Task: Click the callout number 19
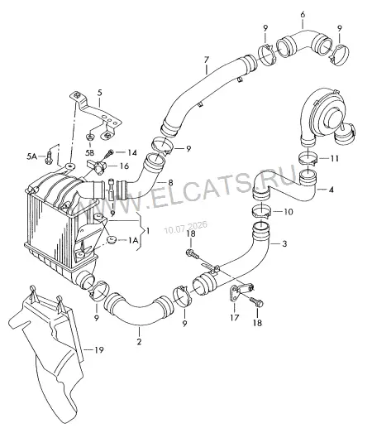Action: click(x=98, y=350)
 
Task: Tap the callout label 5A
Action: click(x=31, y=156)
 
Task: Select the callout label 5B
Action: click(x=89, y=152)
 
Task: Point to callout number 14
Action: click(x=132, y=152)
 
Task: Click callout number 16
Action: click(x=125, y=166)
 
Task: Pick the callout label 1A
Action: click(x=132, y=241)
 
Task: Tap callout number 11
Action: click(x=335, y=158)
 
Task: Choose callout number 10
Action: click(x=289, y=212)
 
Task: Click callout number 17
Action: click(x=235, y=318)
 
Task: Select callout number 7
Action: click(x=207, y=60)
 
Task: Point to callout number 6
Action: click(x=303, y=14)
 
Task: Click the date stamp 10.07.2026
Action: click(x=185, y=227)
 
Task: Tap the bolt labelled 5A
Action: click(x=49, y=157)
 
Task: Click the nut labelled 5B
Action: click(x=89, y=137)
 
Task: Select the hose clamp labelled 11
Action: click(x=308, y=158)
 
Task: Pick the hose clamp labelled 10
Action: click(x=261, y=211)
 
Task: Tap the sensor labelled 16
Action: click(x=97, y=166)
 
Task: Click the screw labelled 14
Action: click(x=108, y=154)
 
